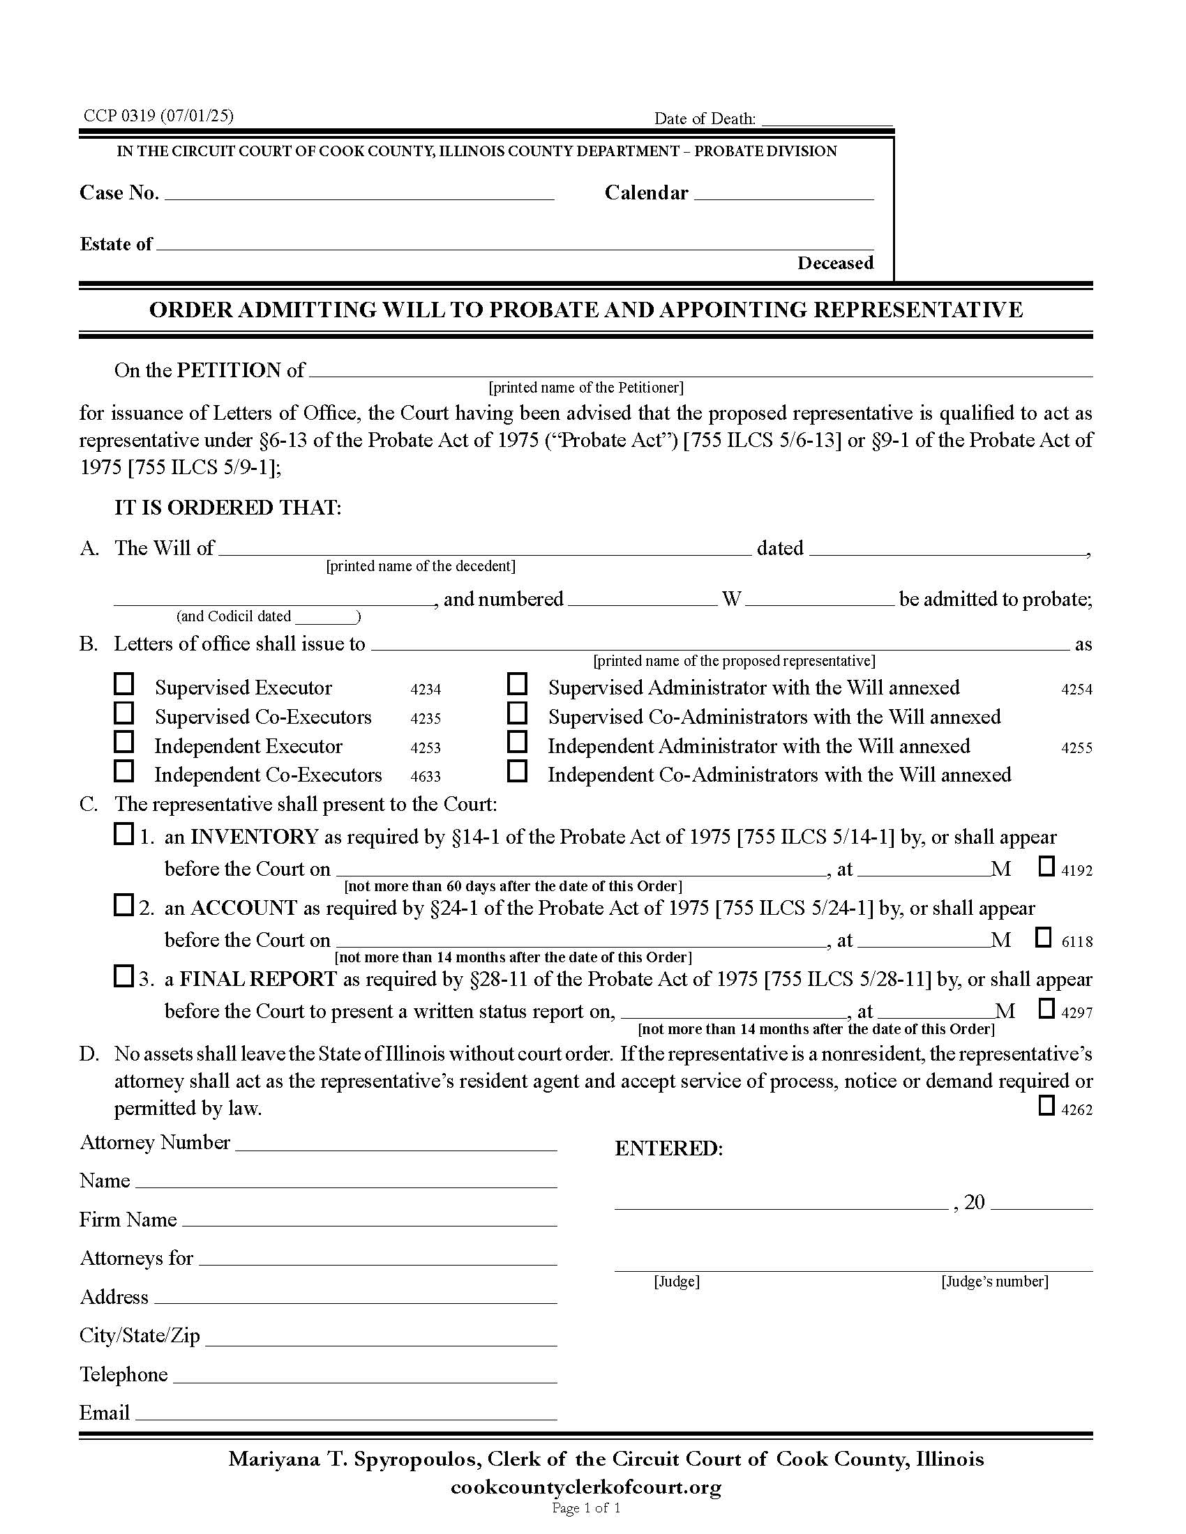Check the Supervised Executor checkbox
coord(124,684)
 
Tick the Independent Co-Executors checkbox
coord(124,771)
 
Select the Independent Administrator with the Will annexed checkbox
coord(518,742)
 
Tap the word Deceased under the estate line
coord(834,263)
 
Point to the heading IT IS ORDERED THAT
coord(227,507)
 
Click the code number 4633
coord(426,776)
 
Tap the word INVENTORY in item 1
coord(255,837)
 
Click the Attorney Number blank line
coord(396,1145)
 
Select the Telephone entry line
coord(365,1376)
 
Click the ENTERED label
coord(668,1148)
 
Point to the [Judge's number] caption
coord(994,1282)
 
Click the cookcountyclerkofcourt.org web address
coord(586,1488)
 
